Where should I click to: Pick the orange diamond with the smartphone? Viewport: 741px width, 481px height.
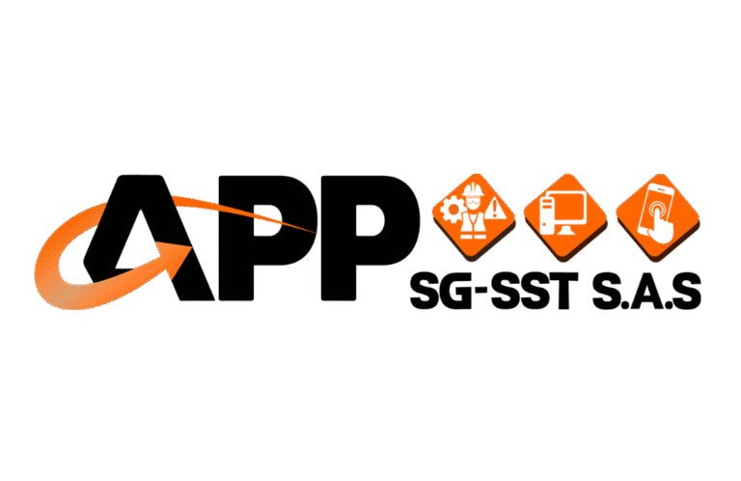[x=657, y=210]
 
